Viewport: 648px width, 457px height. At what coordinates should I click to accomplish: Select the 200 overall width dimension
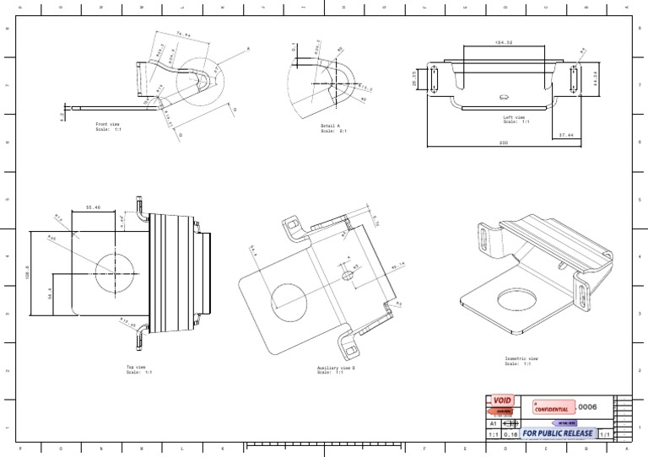click(x=503, y=142)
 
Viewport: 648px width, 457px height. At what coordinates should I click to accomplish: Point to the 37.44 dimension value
click(x=566, y=134)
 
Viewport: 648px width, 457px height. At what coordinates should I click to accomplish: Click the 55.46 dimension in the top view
click(x=94, y=207)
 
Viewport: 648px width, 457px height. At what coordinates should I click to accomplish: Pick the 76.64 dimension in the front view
click(x=182, y=35)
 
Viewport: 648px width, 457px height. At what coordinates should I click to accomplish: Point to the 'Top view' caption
click(x=136, y=368)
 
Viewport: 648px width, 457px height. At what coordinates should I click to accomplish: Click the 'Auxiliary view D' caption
click(x=335, y=369)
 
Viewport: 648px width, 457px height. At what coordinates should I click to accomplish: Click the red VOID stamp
click(x=503, y=401)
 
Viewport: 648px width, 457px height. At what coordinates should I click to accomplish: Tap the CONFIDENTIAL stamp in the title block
click(x=553, y=408)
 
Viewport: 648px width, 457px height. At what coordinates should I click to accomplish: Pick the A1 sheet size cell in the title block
click(x=493, y=424)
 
